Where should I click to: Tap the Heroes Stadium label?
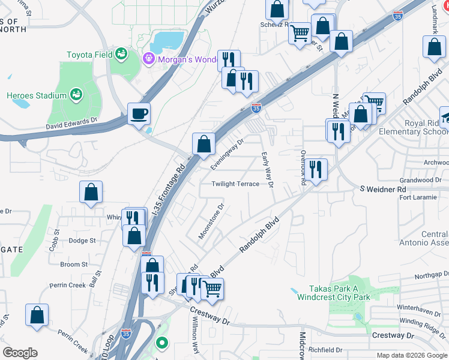click(x=37, y=95)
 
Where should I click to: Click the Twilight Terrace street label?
click(x=235, y=184)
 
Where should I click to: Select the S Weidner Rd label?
click(x=383, y=190)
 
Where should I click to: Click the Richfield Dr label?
click(x=325, y=349)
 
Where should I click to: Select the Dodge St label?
click(x=82, y=241)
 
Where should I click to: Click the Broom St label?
click(x=74, y=265)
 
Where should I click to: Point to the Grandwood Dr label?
click(x=421, y=180)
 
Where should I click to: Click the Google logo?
click(x=20, y=353)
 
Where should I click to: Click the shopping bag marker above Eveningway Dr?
click(x=203, y=144)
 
